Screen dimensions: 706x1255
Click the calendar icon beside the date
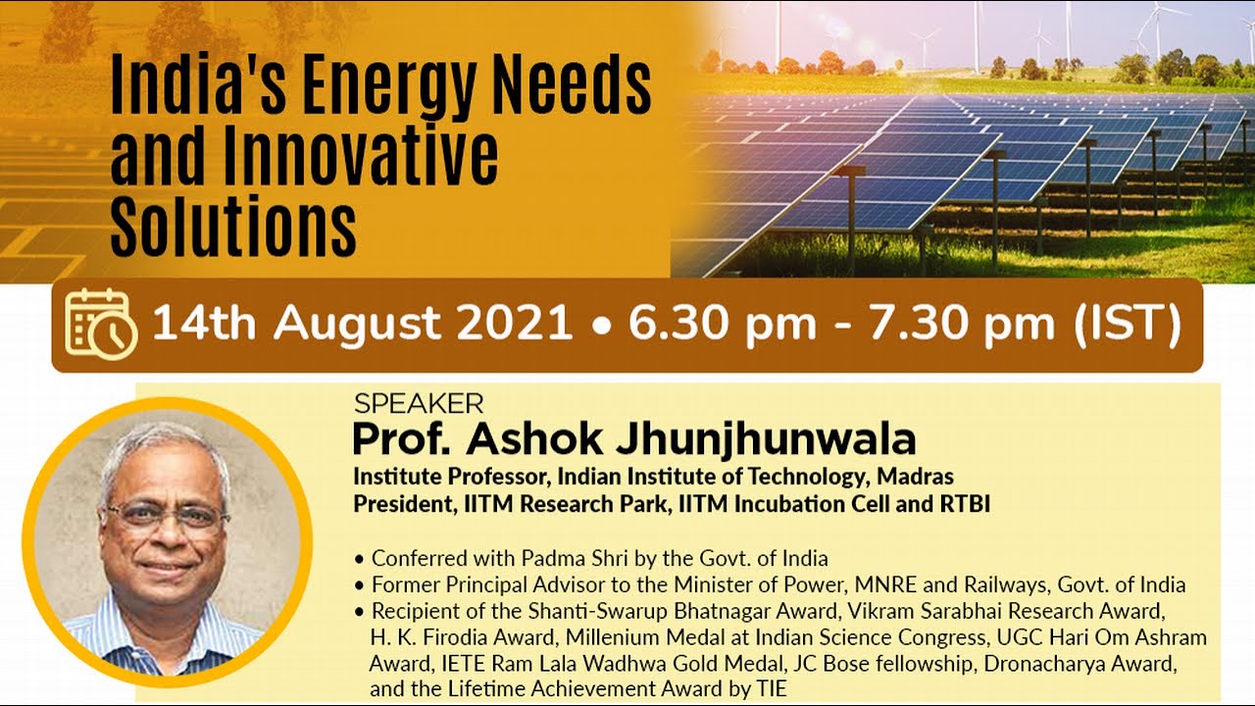(100, 325)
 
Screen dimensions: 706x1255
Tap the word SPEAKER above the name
(419, 403)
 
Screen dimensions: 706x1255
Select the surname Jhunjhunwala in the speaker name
(765, 439)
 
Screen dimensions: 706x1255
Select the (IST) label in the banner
(1125, 325)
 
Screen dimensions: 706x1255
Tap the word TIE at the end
(771, 688)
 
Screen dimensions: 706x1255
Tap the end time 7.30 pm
(966, 325)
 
